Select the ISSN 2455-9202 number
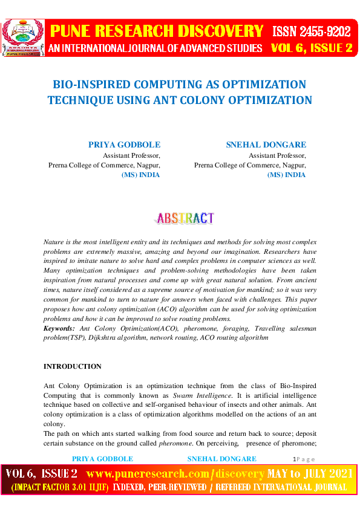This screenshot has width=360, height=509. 312,31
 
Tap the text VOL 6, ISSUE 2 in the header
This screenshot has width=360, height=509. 312,48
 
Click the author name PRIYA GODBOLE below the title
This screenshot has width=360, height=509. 125,145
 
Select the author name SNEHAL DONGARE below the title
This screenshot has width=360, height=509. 266,145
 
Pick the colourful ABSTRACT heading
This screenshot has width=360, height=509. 185,218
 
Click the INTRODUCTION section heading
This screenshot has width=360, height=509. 73,366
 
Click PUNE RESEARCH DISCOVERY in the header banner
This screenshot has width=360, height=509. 157,31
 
